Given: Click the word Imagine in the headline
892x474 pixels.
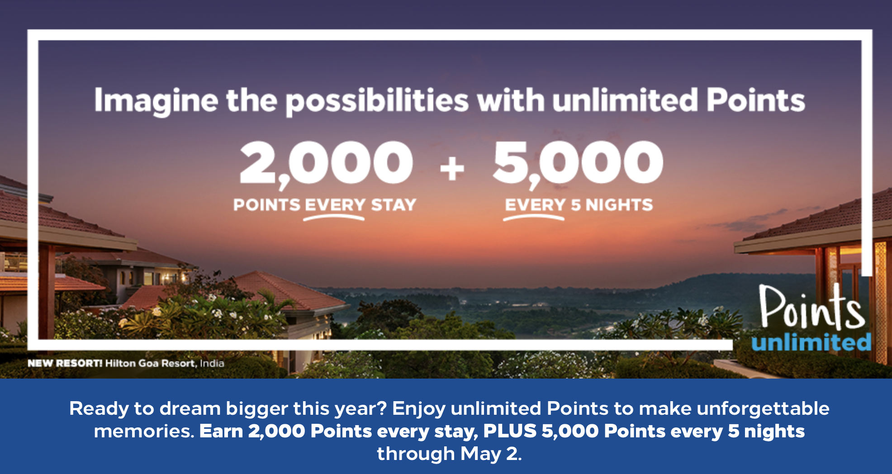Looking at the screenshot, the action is coord(156,101).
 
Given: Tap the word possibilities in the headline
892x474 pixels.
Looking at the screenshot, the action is coord(377,101).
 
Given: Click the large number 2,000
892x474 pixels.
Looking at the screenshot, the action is coord(326,163).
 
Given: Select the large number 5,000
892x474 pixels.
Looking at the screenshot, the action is coord(578,163).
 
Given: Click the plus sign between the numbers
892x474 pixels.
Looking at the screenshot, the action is coord(452,169).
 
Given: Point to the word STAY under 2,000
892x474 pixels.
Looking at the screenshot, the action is coord(394,205).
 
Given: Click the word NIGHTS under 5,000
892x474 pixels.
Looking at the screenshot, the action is coord(619,205).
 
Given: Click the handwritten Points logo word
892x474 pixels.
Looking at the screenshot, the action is coord(812,308).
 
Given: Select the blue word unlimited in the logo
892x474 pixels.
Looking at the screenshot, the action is coord(811,342).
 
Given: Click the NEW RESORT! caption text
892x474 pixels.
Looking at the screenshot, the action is coord(65,363).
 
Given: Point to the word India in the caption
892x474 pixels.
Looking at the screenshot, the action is coord(212,363).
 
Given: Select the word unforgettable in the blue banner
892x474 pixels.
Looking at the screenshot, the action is coord(763,408).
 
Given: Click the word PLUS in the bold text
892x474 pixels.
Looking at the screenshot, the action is coord(510,431).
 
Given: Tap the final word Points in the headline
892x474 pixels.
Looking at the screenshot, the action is coord(756,100).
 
